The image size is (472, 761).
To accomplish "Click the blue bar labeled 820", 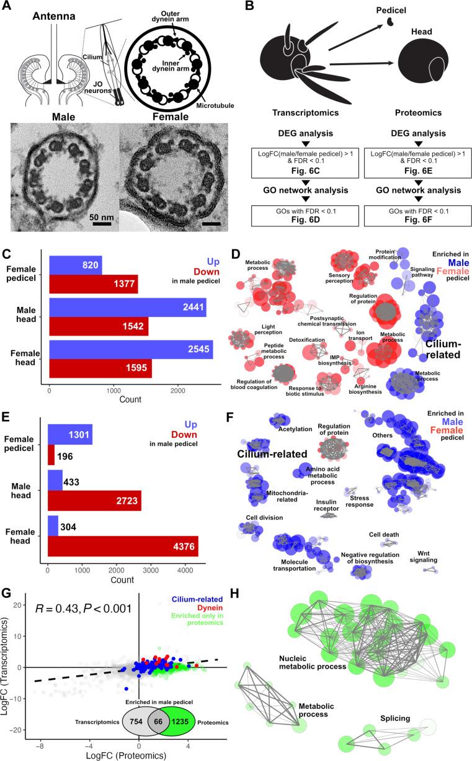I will pos(75,265).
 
